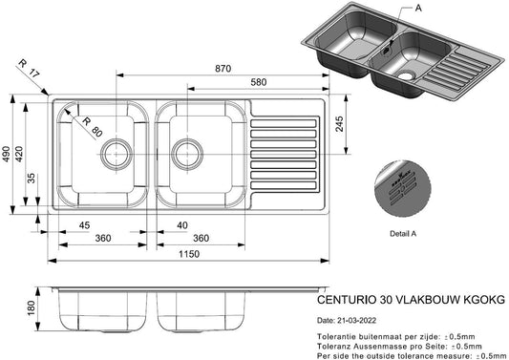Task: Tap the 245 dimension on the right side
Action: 337,122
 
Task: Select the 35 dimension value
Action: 32,177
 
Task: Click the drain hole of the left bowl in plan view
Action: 116,150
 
